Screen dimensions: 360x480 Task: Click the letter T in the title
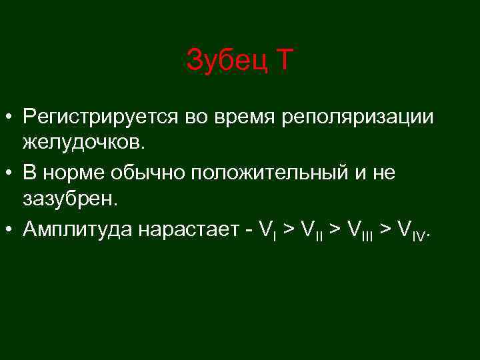click(x=283, y=61)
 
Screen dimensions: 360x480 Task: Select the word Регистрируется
click(x=95, y=117)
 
